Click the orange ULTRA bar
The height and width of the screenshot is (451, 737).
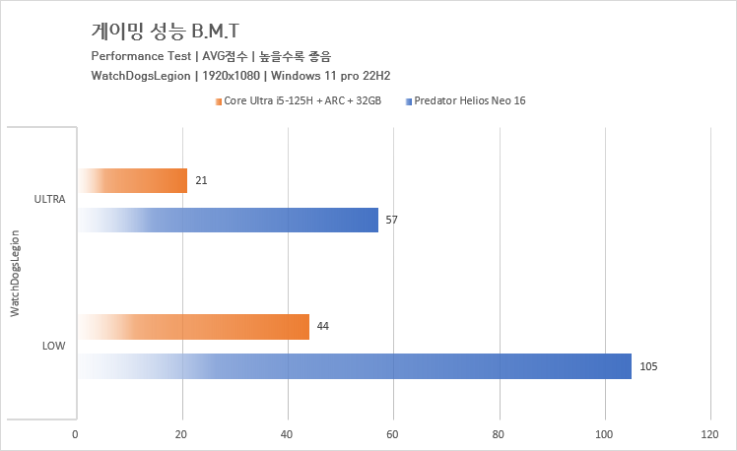[132, 180]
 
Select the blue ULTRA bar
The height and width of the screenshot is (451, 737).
[227, 220]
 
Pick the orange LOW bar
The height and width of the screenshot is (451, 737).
[193, 327]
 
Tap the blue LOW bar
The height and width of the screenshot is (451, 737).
[354, 366]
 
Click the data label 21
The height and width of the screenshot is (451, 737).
[201, 180]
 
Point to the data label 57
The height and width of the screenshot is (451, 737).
[391, 220]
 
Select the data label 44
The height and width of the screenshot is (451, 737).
[322, 326]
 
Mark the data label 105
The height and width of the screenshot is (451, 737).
[647, 366]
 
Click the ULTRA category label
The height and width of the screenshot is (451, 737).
[49, 200]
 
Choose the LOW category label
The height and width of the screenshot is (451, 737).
[53, 347]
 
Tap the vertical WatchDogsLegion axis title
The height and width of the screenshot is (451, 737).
[15, 273]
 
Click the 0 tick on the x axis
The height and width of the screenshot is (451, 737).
[76, 433]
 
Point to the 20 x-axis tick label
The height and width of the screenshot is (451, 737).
[181, 433]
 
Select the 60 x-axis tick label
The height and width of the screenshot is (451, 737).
[394, 433]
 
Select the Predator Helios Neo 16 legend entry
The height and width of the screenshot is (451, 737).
[469, 100]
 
